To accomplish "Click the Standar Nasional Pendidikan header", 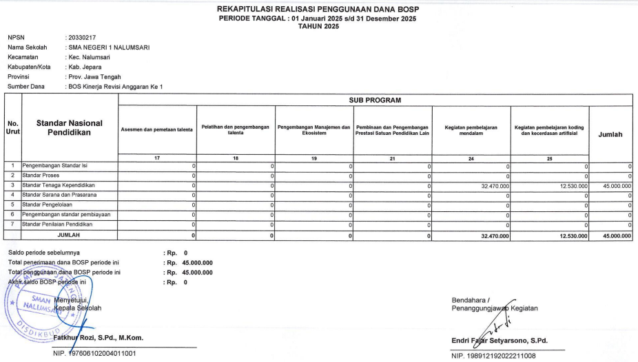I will [x=70, y=127].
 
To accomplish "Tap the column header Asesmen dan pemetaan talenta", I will [x=157, y=129].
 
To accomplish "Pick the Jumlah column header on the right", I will [x=610, y=135].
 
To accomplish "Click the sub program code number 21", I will [x=392, y=158].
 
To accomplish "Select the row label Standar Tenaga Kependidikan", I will [x=59, y=186].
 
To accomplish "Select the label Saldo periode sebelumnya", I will [x=43, y=253].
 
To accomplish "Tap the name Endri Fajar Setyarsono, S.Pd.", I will [x=499, y=340].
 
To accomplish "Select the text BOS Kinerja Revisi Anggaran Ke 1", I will [x=119, y=87].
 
